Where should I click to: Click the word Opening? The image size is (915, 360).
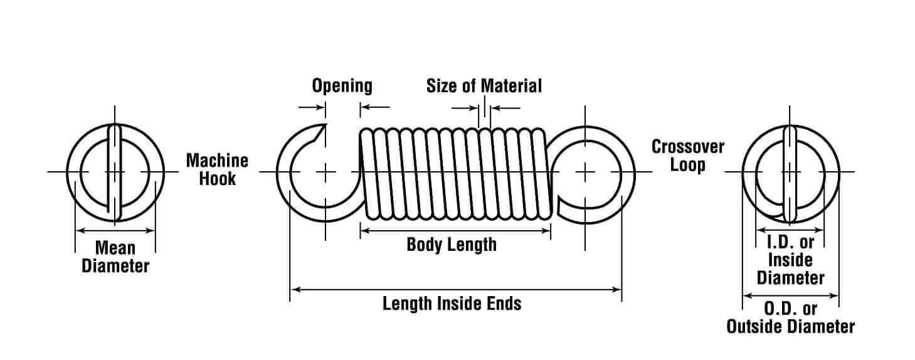pyautogui.click(x=342, y=85)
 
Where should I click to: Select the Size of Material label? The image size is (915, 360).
pyautogui.click(x=484, y=85)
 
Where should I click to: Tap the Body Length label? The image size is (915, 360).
pyautogui.click(x=451, y=244)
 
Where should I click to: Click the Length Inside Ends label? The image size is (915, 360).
pyautogui.click(x=452, y=304)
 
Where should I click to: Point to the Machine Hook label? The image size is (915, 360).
pyautogui.click(x=217, y=169)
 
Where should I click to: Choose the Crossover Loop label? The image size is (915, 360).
pyautogui.click(x=687, y=156)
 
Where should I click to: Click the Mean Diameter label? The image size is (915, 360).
pyautogui.click(x=115, y=257)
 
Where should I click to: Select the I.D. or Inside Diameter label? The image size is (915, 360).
pyautogui.click(x=790, y=260)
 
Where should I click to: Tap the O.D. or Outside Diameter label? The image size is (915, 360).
pyautogui.click(x=790, y=317)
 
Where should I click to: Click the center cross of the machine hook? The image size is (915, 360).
pyautogui.click(x=325, y=171)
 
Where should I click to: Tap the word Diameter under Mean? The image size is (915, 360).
pyautogui.click(x=115, y=265)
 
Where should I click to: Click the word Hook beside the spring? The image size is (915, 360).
pyautogui.click(x=218, y=178)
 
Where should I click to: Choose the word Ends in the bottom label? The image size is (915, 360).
pyautogui.click(x=504, y=304)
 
